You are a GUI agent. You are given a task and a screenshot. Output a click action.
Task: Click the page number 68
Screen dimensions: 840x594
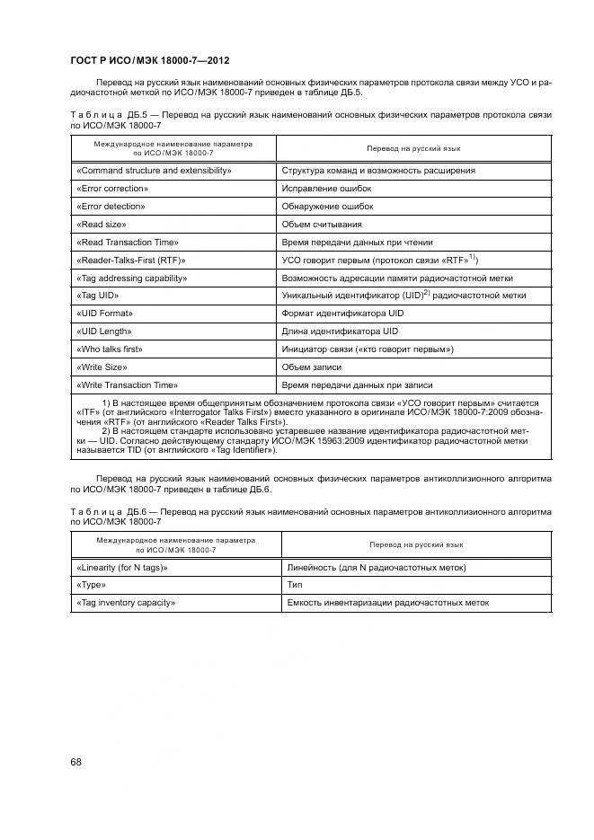pyautogui.click(x=75, y=762)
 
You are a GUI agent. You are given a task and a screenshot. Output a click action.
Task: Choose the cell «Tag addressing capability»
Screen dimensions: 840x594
pyautogui.click(x=132, y=279)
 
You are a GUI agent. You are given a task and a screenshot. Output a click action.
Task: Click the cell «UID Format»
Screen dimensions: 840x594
pyautogui.click(x=105, y=314)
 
